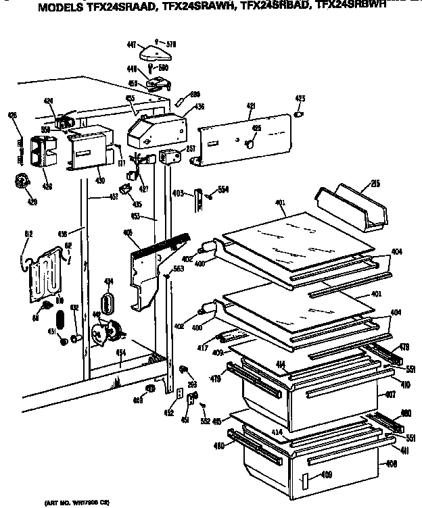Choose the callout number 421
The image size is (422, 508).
point(250,106)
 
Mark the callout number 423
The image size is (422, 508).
point(300,99)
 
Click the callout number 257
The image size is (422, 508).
point(191,149)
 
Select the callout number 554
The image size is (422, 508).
point(222,190)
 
